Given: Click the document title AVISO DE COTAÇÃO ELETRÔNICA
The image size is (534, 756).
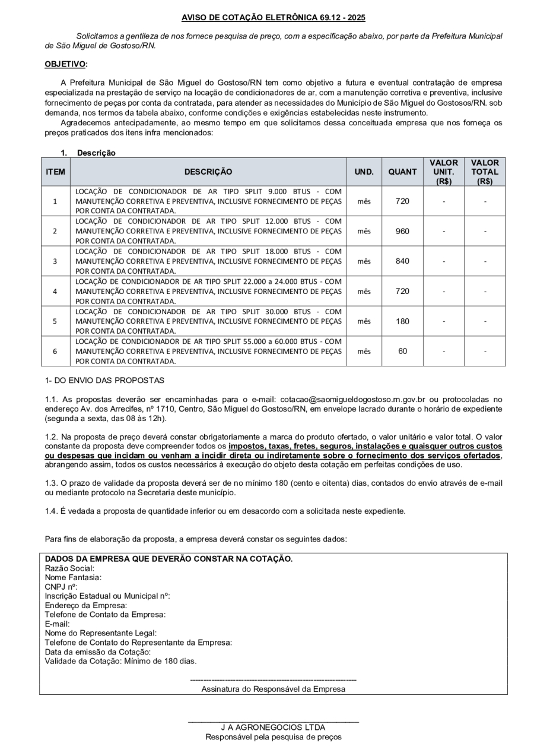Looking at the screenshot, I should click(x=274, y=18).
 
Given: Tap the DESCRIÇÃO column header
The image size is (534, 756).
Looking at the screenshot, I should click(x=208, y=172).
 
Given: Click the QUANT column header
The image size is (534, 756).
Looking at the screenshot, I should click(x=402, y=172).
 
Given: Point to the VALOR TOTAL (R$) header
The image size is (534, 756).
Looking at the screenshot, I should click(x=485, y=172).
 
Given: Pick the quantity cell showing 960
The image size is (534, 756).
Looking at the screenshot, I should click(x=402, y=231).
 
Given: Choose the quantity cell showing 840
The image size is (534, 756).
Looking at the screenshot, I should click(x=402, y=261).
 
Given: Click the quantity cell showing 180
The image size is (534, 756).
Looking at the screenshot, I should click(x=402, y=321).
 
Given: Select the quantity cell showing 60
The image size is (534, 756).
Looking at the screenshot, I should click(x=402, y=351).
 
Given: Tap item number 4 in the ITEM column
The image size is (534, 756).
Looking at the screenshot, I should click(x=55, y=291).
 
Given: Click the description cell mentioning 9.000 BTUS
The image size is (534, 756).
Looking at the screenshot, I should click(x=208, y=201).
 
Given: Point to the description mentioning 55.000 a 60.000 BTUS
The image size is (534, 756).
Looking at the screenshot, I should click(x=208, y=351).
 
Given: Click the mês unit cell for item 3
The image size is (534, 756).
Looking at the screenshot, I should click(x=364, y=261).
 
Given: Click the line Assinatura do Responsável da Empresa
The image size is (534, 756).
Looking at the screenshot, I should click(x=273, y=689).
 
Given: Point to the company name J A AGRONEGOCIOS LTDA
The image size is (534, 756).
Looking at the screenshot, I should click(x=273, y=727).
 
